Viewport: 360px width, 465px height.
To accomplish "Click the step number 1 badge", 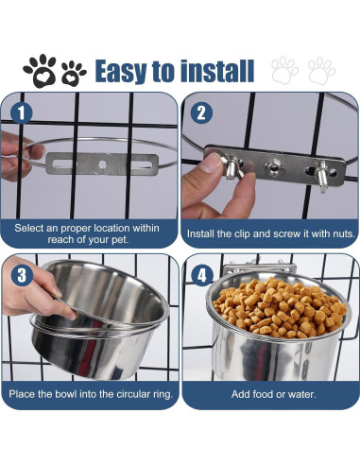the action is tap(22, 112).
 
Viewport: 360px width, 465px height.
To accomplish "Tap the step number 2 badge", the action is tap(201, 112).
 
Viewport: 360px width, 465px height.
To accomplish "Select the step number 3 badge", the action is tap(22, 275).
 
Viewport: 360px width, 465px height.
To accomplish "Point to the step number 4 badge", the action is tap(202, 276).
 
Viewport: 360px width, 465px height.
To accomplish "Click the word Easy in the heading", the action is tap(121, 72).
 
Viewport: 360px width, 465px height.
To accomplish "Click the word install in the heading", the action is tap(217, 71).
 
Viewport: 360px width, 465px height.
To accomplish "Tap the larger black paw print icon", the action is tap(40, 71).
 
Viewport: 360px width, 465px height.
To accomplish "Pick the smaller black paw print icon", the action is tap(73, 74).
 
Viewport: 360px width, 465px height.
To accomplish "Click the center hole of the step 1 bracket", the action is tap(102, 164).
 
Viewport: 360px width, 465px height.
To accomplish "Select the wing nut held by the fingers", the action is tap(232, 167).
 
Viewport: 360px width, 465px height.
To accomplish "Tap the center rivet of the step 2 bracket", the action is tap(273, 165).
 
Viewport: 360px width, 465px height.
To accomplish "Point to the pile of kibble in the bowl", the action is tap(280, 307).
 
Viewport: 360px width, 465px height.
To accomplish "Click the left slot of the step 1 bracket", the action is tap(64, 164).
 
